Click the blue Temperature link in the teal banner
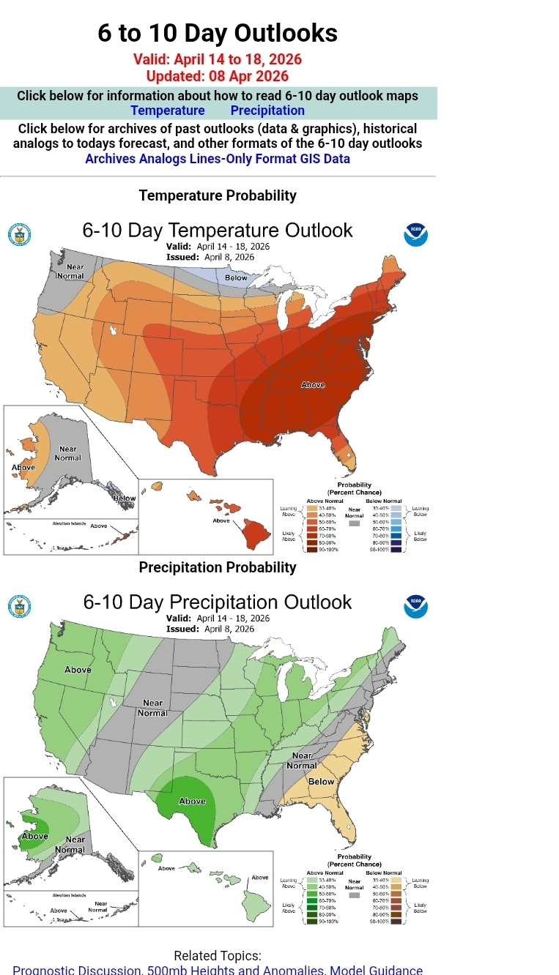(x=168, y=111)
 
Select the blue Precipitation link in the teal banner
(x=267, y=111)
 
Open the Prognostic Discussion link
(x=77, y=970)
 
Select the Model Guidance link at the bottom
(x=377, y=970)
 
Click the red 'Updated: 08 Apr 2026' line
(x=218, y=76)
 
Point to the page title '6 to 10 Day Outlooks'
(x=218, y=33)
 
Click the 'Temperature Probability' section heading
(x=218, y=195)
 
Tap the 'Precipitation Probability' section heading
(x=218, y=567)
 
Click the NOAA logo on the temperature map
(x=415, y=235)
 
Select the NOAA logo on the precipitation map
(x=415, y=607)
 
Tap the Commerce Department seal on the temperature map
(x=19, y=235)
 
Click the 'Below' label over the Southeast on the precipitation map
(x=321, y=782)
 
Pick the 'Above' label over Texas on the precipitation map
(x=193, y=801)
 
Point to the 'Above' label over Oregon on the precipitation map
(x=78, y=670)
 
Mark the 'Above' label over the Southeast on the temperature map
(x=313, y=385)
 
